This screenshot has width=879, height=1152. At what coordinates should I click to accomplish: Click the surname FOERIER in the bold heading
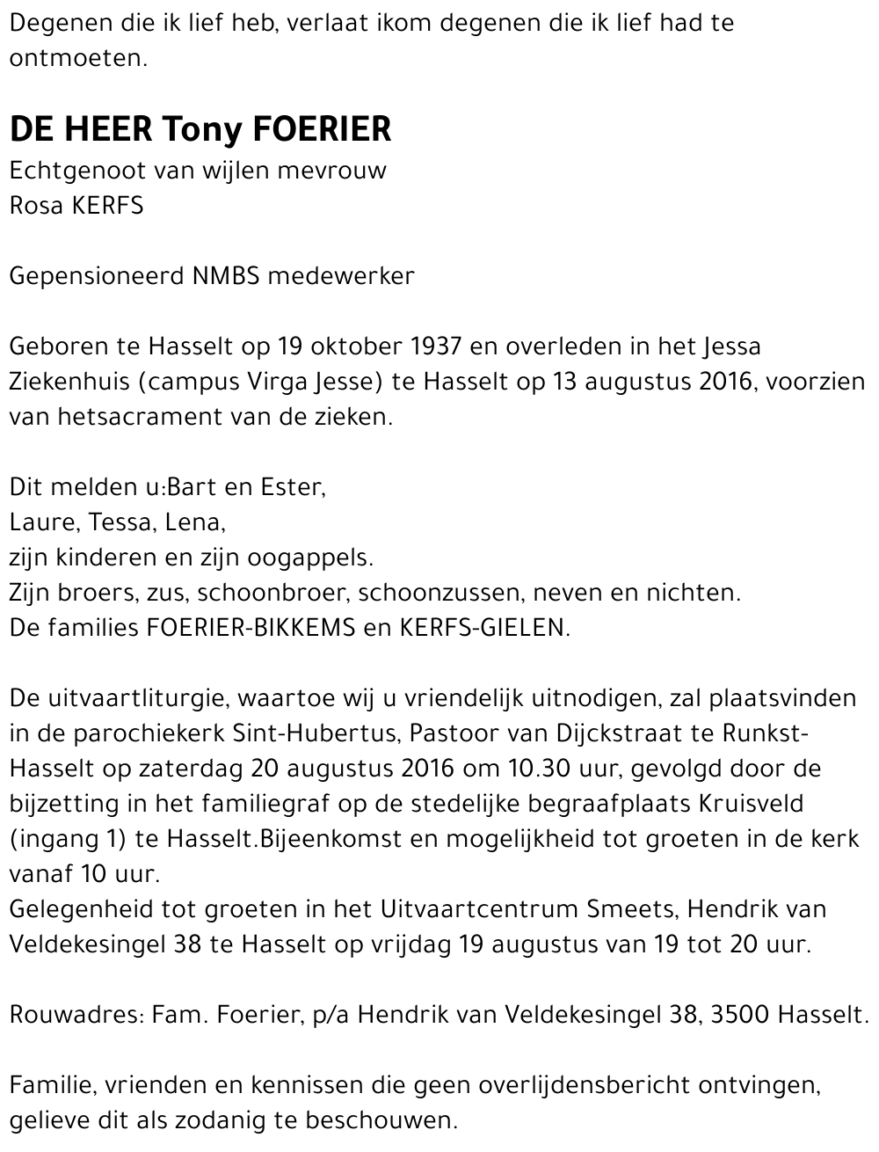click(322, 129)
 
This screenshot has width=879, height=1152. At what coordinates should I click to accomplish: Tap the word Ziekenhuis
click(69, 382)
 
